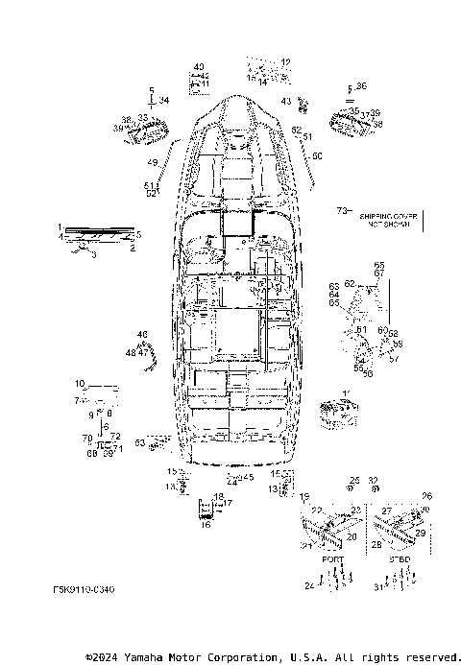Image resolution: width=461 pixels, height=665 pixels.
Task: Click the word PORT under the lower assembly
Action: pyautogui.click(x=332, y=558)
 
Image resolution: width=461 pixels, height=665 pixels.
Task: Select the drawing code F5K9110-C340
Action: pyautogui.click(x=85, y=590)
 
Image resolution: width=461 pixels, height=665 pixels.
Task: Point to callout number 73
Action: pyautogui.click(x=341, y=210)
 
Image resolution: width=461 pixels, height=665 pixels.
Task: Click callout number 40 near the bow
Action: pyautogui.click(x=199, y=66)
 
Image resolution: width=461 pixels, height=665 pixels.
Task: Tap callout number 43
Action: pyautogui.click(x=286, y=101)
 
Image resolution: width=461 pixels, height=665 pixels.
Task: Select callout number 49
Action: pyautogui.click(x=152, y=162)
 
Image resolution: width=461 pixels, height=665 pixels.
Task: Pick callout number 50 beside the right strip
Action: pyautogui.click(x=318, y=154)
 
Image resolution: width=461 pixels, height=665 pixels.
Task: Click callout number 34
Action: pyautogui.click(x=164, y=99)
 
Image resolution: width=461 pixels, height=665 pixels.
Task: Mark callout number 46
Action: pyautogui.click(x=142, y=334)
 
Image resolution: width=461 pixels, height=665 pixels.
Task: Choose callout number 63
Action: pyautogui.click(x=140, y=442)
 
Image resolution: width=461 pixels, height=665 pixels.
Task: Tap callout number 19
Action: pyautogui.click(x=304, y=498)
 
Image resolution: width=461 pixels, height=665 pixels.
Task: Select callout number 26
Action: pyautogui.click(x=427, y=497)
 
